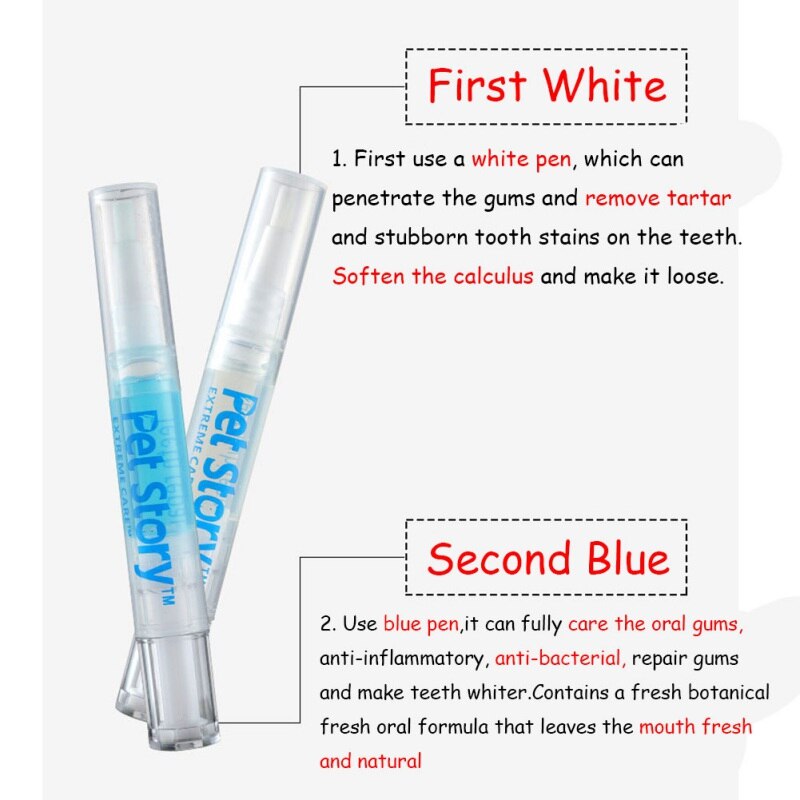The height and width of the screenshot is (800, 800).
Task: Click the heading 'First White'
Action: pos(547,86)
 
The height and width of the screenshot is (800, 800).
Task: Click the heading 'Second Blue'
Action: pos(547,558)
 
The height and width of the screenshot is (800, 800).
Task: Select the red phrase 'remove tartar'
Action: pos(658,198)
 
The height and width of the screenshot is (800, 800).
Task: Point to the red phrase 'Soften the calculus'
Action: pos(433,276)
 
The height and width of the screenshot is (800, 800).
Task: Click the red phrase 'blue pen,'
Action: pos(421,624)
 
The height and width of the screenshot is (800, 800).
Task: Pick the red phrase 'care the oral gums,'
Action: pos(655,624)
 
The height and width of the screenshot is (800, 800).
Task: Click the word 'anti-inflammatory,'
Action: pos(403,659)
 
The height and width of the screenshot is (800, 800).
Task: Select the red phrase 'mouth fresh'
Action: pos(696,727)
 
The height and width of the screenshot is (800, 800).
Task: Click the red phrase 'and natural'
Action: pos(370,761)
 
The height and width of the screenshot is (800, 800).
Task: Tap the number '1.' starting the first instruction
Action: pos(339,159)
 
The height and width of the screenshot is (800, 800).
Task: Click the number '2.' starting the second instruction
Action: pos(327,624)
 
